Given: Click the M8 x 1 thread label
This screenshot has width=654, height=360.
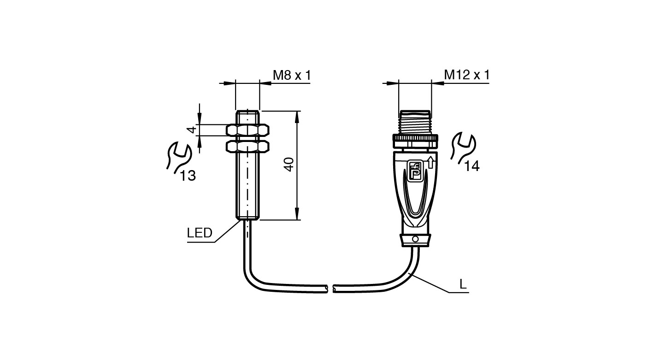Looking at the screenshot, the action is tap(292, 75).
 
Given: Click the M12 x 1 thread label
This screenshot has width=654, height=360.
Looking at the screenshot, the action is tap(466, 75).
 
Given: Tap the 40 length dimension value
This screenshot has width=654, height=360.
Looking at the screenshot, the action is tap(289, 165).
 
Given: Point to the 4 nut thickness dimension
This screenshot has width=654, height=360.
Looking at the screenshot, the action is tap(192, 130).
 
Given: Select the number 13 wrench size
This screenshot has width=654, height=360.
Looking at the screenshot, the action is tap(188, 176).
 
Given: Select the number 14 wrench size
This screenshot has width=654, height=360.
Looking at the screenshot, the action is tap(472, 166).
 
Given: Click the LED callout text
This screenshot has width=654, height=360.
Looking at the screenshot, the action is tap(200, 233).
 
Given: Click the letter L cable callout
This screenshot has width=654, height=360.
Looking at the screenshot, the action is tap(463, 284).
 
